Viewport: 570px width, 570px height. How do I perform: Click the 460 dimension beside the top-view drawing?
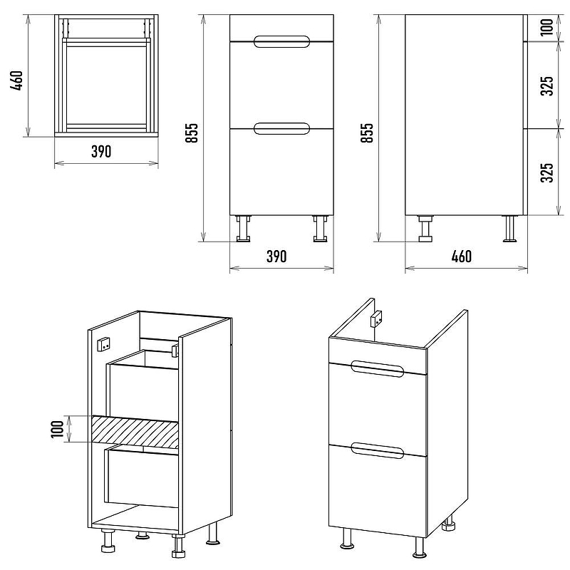(17, 81)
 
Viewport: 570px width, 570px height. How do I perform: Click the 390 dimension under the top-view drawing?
(101, 152)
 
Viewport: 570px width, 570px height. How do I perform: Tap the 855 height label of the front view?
(192, 133)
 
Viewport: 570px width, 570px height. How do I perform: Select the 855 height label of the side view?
(367, 133)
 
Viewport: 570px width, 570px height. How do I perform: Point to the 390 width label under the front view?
(276, 256)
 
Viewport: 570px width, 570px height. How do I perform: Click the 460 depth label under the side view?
(461, 256)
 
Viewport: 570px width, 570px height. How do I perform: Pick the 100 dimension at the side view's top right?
(546, 27)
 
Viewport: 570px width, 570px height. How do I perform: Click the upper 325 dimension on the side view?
(546, 85)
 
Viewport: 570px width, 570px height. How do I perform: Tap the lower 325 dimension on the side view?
(546, 172)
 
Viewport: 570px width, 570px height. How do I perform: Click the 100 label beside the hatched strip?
(58, 429)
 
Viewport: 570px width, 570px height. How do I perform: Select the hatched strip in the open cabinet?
(135, 432)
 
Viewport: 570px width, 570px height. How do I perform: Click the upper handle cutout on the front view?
(281, 42)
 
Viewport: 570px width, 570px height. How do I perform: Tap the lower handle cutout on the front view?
(281, 129)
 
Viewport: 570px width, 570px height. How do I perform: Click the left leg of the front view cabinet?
(243, 229)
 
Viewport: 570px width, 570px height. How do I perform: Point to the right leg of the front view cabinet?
(320, 229)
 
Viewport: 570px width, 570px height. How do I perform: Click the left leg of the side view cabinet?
(425, 229)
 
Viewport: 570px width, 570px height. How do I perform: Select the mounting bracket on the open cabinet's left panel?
(104, 344)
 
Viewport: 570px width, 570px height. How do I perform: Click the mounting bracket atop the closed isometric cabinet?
(376, 318)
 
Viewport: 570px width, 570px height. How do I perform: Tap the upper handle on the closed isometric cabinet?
(378, 370)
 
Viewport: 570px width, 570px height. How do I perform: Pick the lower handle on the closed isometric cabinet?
(378, 451)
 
